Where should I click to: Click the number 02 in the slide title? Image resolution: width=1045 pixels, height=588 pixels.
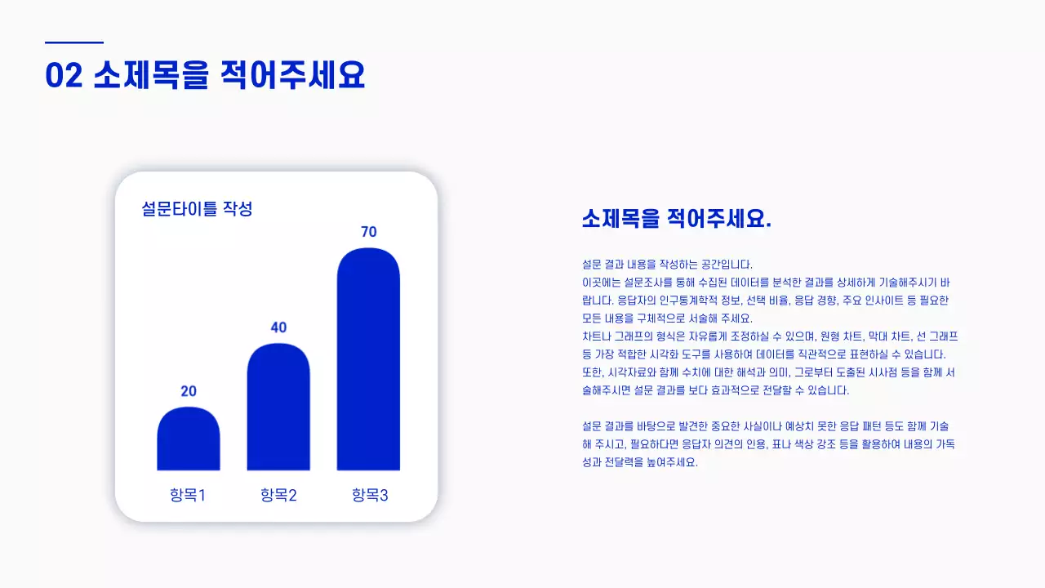[x=64, y=75]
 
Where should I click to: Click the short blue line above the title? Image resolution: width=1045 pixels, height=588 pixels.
[x=74, y=42]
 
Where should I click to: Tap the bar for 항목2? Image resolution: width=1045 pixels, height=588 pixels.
[x=278, y=408]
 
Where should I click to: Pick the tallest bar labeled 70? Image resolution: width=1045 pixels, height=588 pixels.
[x=368, y=359]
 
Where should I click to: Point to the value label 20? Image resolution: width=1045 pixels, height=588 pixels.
[x=189, y=391]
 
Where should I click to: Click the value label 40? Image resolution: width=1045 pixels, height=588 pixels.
[x=278, y=327]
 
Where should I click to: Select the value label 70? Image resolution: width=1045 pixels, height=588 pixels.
[x=368, y=232]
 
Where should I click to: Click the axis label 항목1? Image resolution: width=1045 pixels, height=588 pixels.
[x=188, y=495]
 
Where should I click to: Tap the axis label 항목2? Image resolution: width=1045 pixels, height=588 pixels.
[x=278, y=495]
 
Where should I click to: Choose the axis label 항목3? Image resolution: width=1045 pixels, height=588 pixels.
[x=370, y=495]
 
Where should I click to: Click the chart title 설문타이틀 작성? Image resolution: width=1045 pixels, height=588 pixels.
[x=197, y=209]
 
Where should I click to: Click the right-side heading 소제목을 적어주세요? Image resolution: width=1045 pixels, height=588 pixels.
[x=676, y=219]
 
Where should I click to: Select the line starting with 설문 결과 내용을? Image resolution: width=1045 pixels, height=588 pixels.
[x=667, y=265]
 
